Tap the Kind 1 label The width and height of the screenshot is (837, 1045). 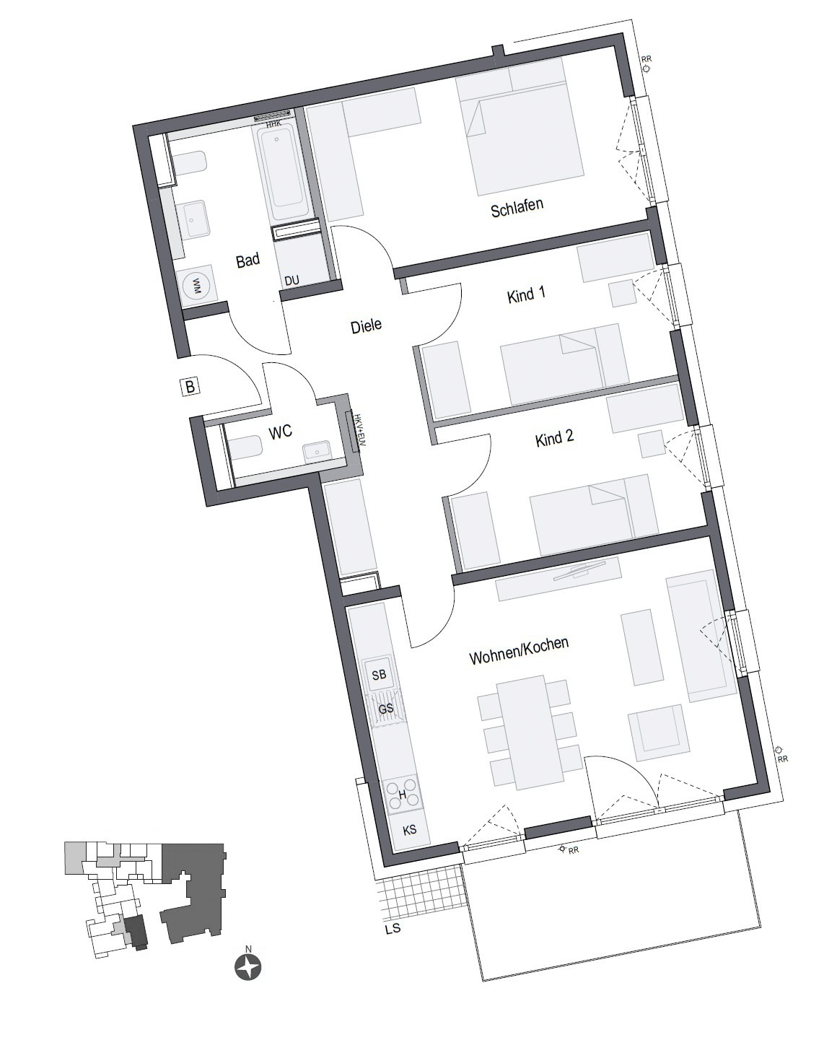point(526,294)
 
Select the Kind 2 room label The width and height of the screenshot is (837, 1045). point(554,439)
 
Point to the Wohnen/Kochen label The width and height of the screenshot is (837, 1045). point(519,650)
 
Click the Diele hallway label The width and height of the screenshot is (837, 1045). point(366,326)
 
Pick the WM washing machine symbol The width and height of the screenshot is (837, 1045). point(194,287)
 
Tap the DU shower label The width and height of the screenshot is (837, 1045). point(292,281)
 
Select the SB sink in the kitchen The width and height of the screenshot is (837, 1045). point(379,675)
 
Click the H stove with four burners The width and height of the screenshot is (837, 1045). point(402,795)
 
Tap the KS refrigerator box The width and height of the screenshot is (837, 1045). point(409,830)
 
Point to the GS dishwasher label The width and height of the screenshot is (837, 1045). point(386,709)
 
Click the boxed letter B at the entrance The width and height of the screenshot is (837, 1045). point(190,387)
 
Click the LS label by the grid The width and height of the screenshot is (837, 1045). point(393,929)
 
